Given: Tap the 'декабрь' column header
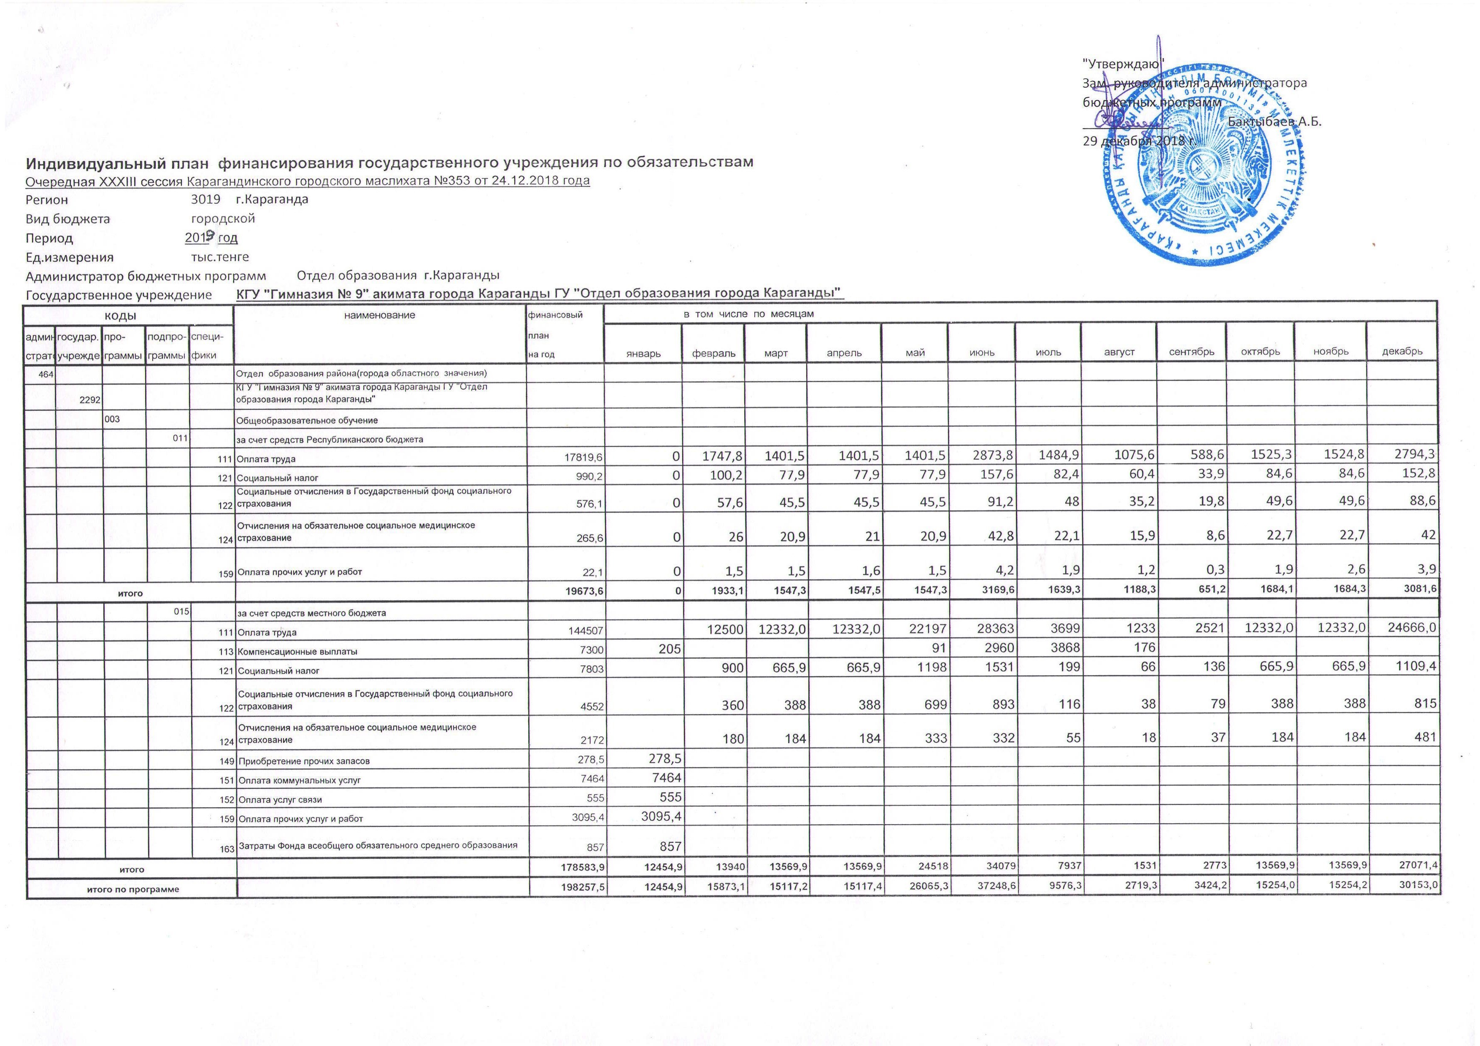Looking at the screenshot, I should point(1402,352).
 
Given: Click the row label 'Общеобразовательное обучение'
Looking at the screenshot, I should point(307,420).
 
